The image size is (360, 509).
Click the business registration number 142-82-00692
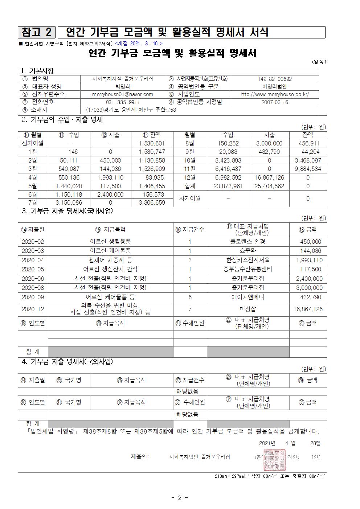point(275,79)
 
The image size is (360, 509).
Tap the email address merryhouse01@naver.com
point(123,94)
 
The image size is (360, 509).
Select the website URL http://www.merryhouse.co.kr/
point(275,94)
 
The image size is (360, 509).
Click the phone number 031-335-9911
point(123,102)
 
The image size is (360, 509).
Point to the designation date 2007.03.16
point(275,102)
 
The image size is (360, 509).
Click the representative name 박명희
point(123,87)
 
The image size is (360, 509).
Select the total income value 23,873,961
point(228,186)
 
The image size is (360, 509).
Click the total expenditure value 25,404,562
point(269,186)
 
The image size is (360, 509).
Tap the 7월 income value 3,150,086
point(69,203)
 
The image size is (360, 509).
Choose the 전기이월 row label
point(33,143)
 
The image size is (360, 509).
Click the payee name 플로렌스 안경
point(248,242)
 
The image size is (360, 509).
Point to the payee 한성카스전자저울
point(248,260)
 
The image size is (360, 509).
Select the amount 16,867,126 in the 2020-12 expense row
point(308,309)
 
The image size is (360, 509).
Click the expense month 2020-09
point(33,297)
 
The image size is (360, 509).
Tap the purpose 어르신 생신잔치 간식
point(110,269)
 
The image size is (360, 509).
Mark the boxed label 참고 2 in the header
point(37,32)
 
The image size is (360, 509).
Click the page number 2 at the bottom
point(179,498)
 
